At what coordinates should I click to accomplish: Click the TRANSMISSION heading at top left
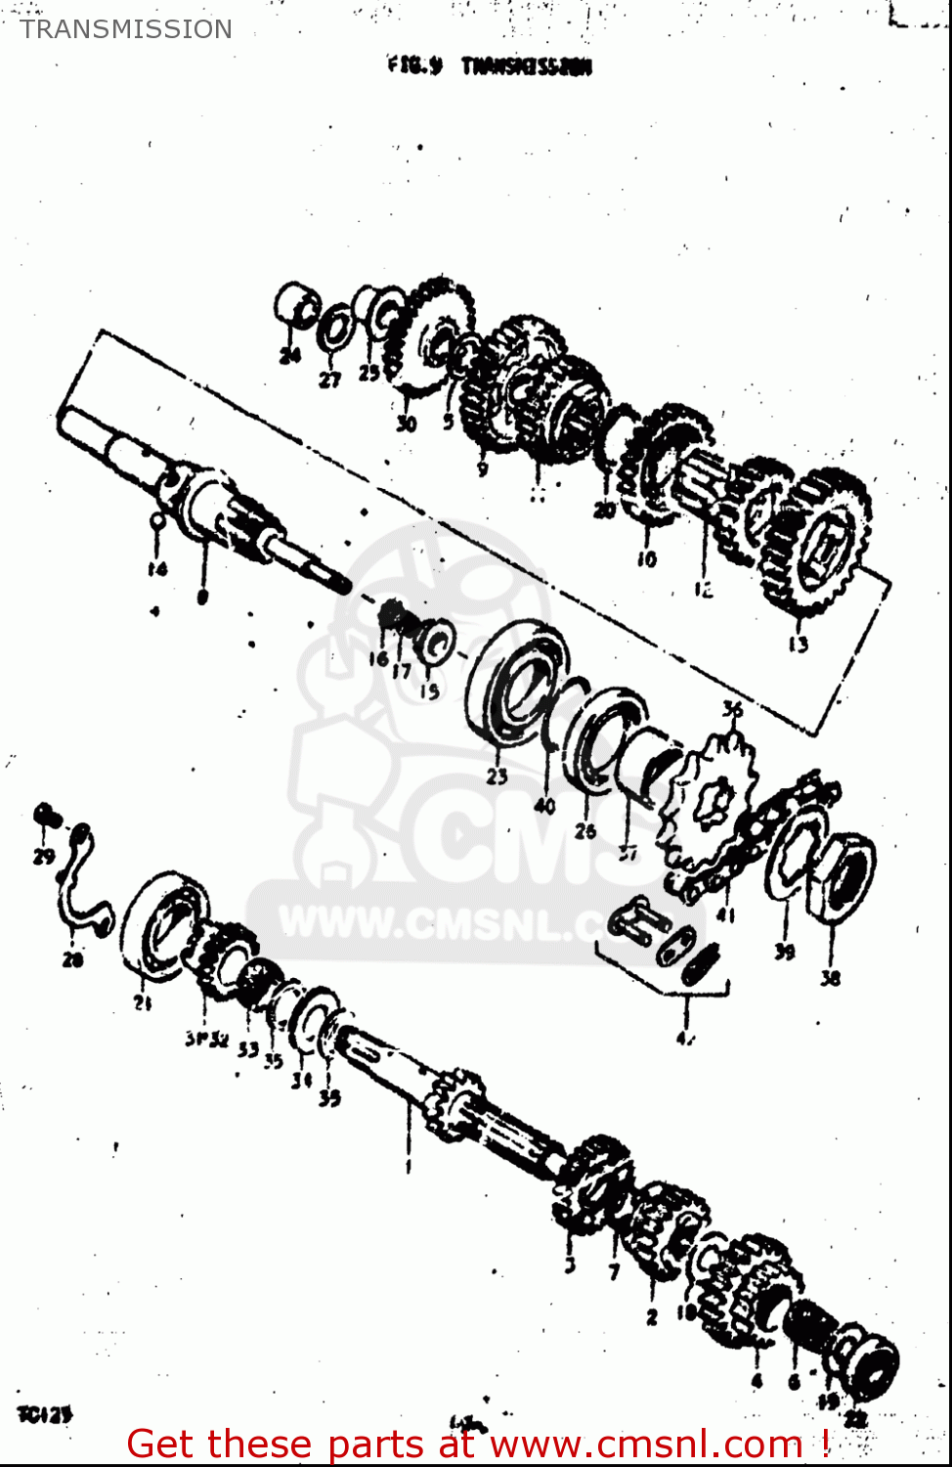point(126,29)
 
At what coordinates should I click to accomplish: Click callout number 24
point(289,355)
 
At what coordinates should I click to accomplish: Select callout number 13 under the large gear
point(798,644)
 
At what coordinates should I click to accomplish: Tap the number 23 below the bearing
point(497,777)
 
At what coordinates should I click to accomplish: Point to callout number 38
point(830,977)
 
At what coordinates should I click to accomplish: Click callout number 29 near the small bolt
point(43,857)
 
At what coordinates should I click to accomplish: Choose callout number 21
point(143,1002)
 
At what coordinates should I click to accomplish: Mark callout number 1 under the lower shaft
point(408,1166)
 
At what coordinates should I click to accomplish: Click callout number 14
point(157,568)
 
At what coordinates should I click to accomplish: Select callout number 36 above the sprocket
point(732,710)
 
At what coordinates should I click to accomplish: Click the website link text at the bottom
point(478,1444)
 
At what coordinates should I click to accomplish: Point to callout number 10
point(646,559)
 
